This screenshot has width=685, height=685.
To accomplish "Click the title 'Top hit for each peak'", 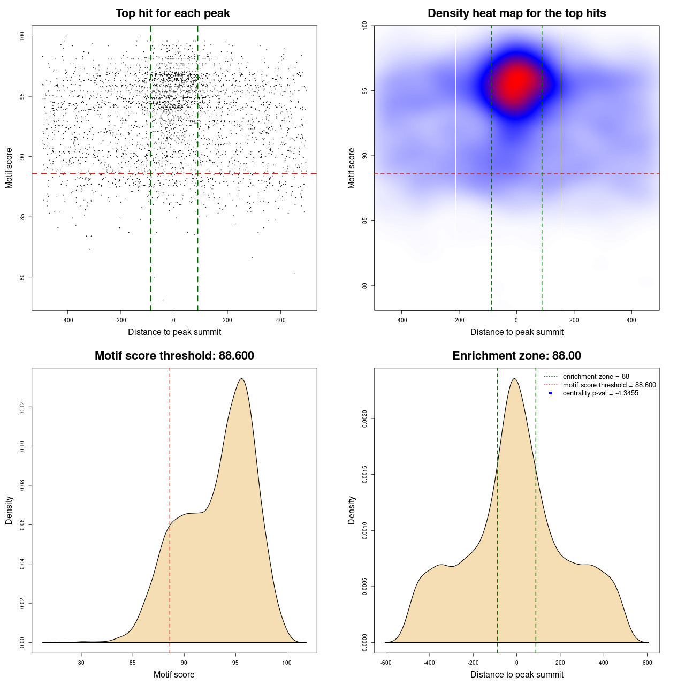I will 173,13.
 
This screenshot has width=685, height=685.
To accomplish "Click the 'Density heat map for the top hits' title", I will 516,13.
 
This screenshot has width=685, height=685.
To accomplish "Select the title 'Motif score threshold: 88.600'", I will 174,356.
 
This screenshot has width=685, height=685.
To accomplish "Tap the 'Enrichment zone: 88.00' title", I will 516,356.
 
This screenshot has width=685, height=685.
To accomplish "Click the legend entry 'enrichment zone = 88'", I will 596,377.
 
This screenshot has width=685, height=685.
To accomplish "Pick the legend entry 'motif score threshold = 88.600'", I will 609,385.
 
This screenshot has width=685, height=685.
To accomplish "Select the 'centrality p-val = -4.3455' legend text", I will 600,393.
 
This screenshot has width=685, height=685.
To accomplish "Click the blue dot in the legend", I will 551,393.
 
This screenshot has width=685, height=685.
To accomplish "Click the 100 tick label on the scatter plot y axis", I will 22,36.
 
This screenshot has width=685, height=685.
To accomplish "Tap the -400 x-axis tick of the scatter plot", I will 67,321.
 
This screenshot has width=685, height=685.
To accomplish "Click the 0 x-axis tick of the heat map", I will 516,321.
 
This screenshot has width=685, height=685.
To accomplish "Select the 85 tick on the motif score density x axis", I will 133,663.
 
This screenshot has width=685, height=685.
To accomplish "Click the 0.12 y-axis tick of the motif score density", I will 22,407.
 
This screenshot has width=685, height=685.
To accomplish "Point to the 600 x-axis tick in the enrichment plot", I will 648,663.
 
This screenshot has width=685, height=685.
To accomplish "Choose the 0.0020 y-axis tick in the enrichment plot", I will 364,418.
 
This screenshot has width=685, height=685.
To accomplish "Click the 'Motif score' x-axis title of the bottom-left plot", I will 174,674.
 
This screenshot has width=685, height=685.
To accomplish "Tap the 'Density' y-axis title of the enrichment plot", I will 352,510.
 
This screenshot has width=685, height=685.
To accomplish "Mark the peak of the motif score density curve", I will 242,379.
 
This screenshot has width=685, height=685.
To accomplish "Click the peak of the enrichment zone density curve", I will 515,379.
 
